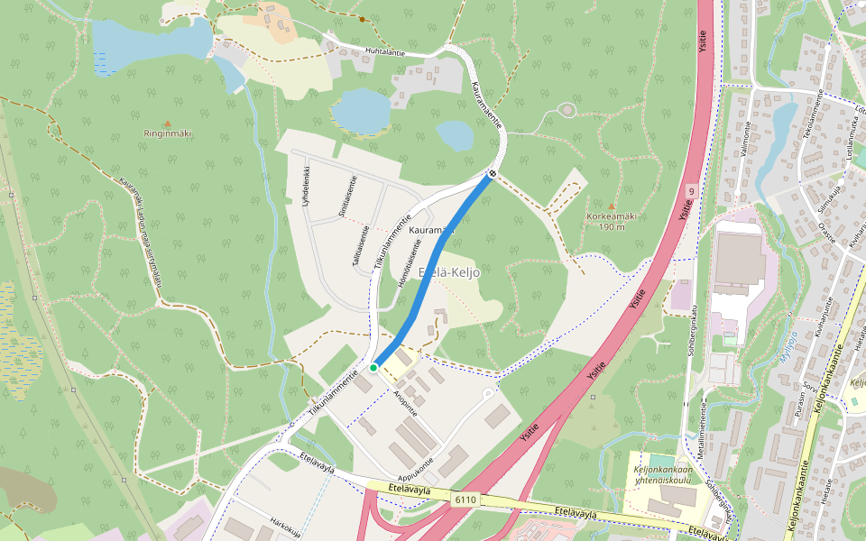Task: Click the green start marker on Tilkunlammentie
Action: (x=373, y=368)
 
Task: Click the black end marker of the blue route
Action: (x=493, y=173)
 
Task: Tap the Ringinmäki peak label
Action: (x=167, y=133)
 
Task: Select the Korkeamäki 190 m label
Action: (x=612, y=221)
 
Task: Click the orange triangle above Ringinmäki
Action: (x=167, y=123)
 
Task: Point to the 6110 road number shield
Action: (x=465, y=499)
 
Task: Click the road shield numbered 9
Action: (x=691, y=192)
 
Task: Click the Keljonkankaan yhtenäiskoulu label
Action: (x=662, y=475)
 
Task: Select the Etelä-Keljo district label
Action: (x=449, y=272)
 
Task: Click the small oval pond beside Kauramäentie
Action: (x=454, y=136)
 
